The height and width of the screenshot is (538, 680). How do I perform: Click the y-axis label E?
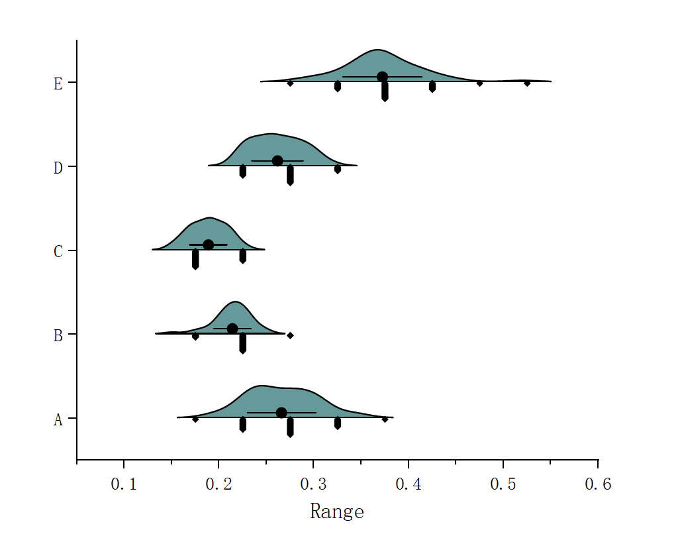pyautogui.click(x=58, y=84)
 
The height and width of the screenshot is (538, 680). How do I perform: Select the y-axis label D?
pyautogui.click(x=58, y=168)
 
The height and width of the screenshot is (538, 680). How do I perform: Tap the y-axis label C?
pyautogui.click(x=58, y=252)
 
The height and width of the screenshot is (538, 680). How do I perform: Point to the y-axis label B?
pyautogui.click(x=58, y=336)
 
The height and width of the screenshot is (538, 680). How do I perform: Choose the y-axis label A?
pyautogui.click(x=58, y=419)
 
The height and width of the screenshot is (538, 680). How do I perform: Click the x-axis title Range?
pyautogui.click(x=336, y=511)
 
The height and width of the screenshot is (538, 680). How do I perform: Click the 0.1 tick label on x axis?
pyautogui.click(x=124, y=485)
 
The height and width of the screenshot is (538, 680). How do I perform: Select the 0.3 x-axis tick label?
pyautogui.click(x=313, y=485)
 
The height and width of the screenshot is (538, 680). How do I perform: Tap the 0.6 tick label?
pyautogui.click(x=598, y=485)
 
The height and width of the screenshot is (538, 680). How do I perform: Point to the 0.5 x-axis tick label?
pyautogui.click(x=503, y=485)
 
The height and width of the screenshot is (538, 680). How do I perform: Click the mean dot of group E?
pyautogui.click(x=382, y=77)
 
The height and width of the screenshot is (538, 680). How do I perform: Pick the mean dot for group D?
pyautogui.click(x=277, y=161)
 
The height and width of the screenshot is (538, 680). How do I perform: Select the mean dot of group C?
pyautogui.click(x=208, y=244)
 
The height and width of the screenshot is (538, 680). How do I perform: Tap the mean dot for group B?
pyautogui.click(x=232, y=329)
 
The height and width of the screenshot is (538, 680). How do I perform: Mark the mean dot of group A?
pyautogui.click(x=281, y=413)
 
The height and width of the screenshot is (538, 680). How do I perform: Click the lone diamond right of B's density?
pyautogui.click(x=290, y=335)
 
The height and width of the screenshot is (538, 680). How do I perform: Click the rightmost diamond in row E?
pyautogui.click(x=527, y=83)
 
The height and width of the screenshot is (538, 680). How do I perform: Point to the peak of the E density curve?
pyautogui.click(x=377, y=50)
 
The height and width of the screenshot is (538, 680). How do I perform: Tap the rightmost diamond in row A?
pyautogui.click(x=385, y=419)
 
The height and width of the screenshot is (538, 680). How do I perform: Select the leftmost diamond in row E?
pyautogui.click(x=290, y=83)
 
